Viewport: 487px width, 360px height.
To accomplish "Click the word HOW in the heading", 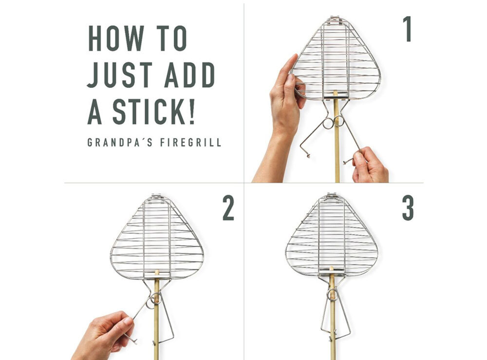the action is (x=116, y=38).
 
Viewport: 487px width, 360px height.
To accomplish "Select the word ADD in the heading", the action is (x=190, y=75).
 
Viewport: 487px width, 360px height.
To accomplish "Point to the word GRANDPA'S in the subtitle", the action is (x=120, y=143).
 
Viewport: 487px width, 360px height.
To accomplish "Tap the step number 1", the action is (x=407, y=29).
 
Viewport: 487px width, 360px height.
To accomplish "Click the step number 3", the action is (x=408, y=208).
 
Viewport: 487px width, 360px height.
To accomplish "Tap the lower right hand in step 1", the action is (x=370, y=166).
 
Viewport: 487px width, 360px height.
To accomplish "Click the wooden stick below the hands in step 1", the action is (x=337, y=149).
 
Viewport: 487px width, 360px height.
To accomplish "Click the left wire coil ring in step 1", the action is (x=328, y=123).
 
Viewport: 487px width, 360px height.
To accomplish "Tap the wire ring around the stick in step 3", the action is (x=332, y=294).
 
